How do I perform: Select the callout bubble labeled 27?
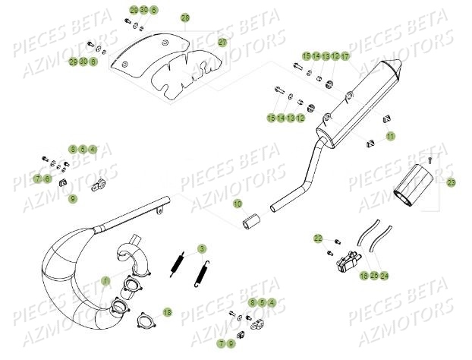point(222,43)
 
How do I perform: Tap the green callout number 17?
point(345,56)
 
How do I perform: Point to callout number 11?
point(390,137)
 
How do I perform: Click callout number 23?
point(451,183)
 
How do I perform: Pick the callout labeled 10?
point(237,204)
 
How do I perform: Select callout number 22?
point(318,239)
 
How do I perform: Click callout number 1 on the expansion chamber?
point(106,281)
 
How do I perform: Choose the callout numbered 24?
point(384,275)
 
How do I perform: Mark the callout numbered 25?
point(374,275)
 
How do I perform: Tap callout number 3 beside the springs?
point(201,248)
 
